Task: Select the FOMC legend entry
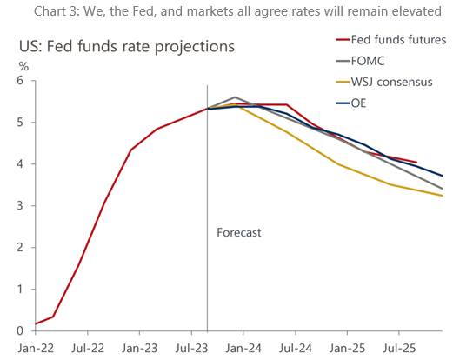click(372, 61)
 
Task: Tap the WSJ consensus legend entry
click(392, 82)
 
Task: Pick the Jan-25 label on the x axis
click(346, 346)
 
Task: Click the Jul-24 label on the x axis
click(295, 346)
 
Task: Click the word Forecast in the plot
click(238, 233)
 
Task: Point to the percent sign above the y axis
click(23, 65)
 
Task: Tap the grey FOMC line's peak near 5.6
click(235, 97)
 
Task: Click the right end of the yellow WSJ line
click(442, 196)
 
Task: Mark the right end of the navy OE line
click(442, 176)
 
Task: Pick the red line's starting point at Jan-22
click(36, 324)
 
